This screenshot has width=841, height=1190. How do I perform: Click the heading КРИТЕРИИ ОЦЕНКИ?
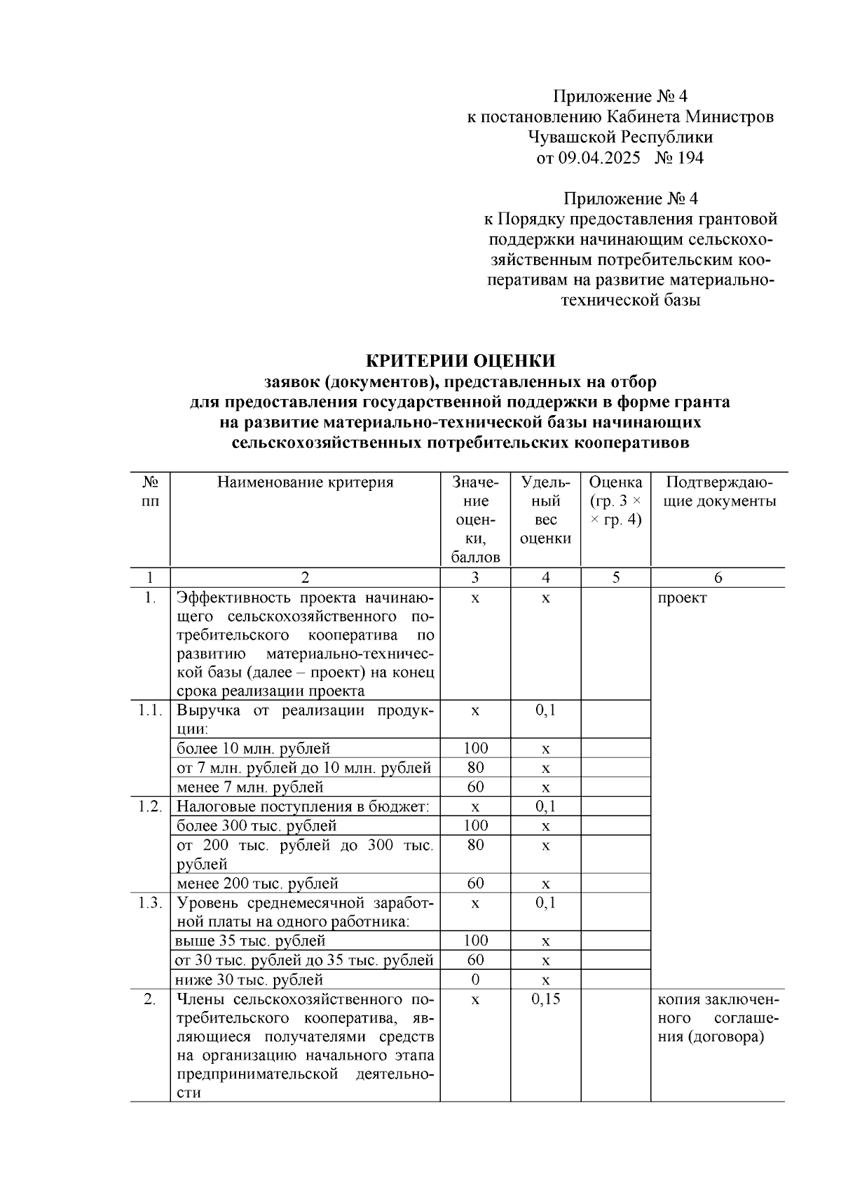coord(460,361)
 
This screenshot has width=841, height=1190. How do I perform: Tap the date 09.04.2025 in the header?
coord(599,158)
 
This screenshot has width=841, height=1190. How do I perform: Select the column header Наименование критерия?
coord(305,482)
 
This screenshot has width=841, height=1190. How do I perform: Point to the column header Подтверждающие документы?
coord(719,492)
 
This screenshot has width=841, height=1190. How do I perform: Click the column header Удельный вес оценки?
coord(545,511)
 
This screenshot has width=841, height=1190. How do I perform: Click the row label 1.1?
coord(150,710)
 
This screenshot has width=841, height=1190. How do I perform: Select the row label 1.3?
coord(150,903)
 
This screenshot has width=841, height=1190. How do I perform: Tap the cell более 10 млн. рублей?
coord(253,749)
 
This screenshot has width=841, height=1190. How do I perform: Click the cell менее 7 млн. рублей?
coord(249,787)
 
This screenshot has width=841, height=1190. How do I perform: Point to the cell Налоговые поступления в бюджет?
coord(302,807)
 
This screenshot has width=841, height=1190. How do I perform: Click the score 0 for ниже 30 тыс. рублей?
coord(475,980)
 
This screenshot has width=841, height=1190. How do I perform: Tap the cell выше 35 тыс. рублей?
coord(250,941)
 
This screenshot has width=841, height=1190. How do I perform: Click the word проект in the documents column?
coord(681,598)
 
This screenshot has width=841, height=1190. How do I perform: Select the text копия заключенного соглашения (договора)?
coord(718,1018)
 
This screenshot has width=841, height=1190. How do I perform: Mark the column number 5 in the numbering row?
coord(615,578)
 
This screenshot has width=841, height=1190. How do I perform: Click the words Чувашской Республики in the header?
coord(620,137)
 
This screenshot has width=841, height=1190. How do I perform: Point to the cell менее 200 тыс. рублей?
coord(257,884)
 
